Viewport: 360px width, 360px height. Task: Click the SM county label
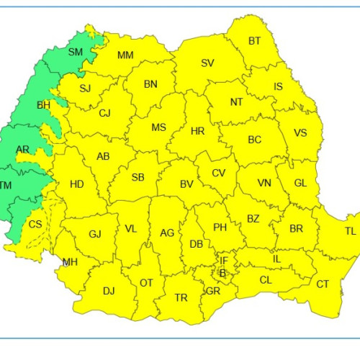pyautogui.click(x=76, y=52)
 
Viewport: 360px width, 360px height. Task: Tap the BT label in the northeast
pyautogui.click(x=255, y=41)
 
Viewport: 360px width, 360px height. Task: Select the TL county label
pyautogui.click(x=350, y=231)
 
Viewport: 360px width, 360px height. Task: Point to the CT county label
pyautogui.click(x=323, y=284)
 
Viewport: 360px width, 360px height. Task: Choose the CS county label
pyautogui.click(x=35, y=224)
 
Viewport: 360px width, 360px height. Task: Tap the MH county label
pyautogui.click(x=70, y=262)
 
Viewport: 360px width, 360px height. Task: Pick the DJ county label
pyautogui.click(x=109, y=291)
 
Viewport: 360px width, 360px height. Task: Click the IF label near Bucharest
pyautogui.click(x=224, y=260)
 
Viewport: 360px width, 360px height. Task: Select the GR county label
pyautogui.click(x=213, y=292)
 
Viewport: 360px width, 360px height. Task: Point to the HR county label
pyautogui.click(x=198, y=131)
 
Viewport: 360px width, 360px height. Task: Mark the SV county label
pyautogui.click(x=207, y=63)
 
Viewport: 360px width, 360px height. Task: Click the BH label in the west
pyautogui.click(x=43, y=105)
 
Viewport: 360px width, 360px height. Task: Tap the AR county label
pyautogui.click(x=23, y=150)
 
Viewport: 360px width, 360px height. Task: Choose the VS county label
pyautogui.click(x=301, y=132)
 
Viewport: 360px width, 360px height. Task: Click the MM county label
pyautogui.click(x=125, y=55)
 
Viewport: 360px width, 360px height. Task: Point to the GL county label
pyautogui.click(x=301, y=183)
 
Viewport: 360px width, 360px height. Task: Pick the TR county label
pyautogui.click(x=181, y=297)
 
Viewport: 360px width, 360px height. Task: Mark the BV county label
pyautogui.click(x=186, y=184)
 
